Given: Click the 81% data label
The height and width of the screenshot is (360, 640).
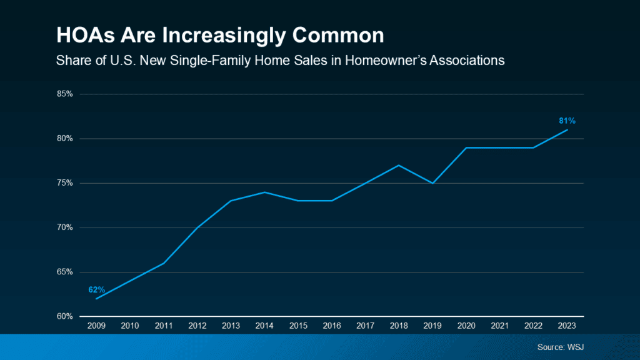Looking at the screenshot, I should [x=567, y=120].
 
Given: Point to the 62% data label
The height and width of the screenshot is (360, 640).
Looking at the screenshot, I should [x=96, y=289].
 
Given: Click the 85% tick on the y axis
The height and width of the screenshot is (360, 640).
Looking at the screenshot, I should [x=65, y=94].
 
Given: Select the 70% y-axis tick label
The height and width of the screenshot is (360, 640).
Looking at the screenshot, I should [x=65, y=227].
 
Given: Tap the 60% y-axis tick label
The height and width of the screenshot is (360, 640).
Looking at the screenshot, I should [x=65, y=316].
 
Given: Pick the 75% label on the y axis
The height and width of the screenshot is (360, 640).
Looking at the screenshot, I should [x=65, y=183].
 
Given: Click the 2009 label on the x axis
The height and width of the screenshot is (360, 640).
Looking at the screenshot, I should [x=96, y=326].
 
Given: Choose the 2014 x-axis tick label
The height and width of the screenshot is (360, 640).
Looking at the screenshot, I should [x=264, y=326].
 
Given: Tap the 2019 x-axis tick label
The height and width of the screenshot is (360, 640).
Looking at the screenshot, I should [x=432, y=326].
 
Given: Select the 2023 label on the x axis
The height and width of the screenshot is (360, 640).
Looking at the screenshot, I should [x=567, y=326].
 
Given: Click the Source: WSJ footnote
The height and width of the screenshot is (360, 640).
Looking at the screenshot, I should [x=561, y=346].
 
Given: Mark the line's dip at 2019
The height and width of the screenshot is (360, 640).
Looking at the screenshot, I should [x=432, y=183].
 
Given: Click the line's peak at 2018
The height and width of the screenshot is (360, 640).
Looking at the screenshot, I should [x=399, y=165].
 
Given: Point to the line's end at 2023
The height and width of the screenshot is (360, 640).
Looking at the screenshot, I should [x=567, y=129].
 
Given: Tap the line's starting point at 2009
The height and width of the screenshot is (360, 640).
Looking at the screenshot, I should [x=96, y=299].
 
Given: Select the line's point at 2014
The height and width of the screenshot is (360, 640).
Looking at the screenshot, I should [x=264, y=192].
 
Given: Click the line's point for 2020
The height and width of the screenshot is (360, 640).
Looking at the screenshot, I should [x=466, y=147].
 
